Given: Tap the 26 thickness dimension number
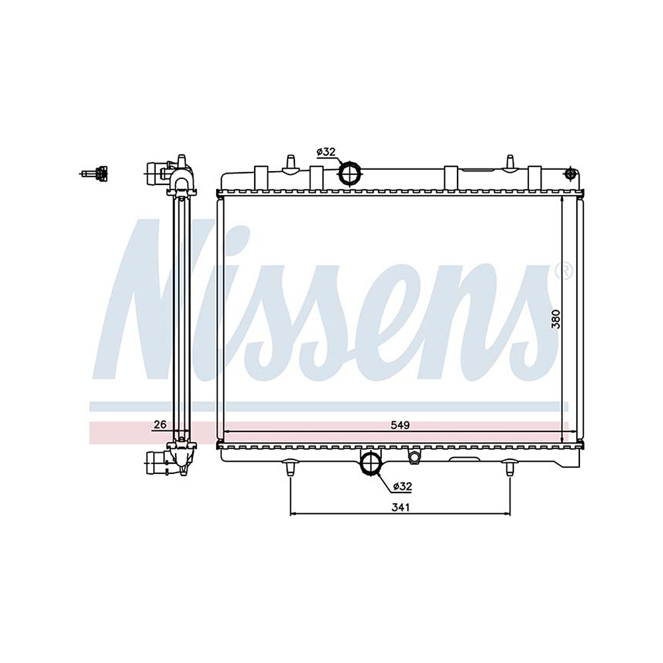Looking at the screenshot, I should pos(160,424).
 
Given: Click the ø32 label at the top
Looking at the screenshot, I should pos(326,152).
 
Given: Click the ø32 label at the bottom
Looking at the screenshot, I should pos(402,487).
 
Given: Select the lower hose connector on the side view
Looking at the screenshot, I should pos(156,461).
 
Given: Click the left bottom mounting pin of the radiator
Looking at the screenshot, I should pos(290,467).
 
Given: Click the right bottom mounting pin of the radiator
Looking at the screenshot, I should pos(509,467).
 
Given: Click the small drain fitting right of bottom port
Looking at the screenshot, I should pos(414,457).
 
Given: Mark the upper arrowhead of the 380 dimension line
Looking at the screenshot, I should pos(563,202).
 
